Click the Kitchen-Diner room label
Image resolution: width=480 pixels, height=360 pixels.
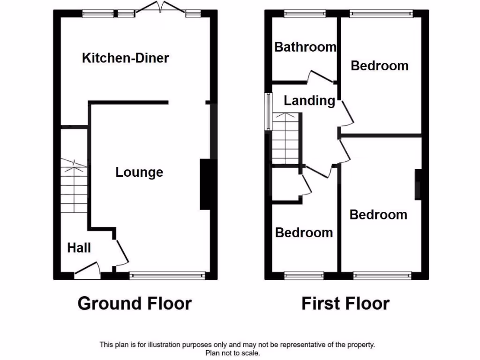[x=125, y=58]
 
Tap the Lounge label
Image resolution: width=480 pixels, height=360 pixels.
[x=139, y=172]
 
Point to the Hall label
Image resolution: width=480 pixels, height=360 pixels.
[x=79, y=247]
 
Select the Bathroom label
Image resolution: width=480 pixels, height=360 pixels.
[x=305, y=47]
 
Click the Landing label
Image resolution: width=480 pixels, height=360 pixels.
[x=309, y=100]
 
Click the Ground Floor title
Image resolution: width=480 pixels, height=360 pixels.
[x=135, y=303]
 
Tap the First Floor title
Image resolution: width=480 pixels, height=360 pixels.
[x=345, y=303]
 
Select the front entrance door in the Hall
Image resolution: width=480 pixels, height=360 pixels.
[x=88, y=270]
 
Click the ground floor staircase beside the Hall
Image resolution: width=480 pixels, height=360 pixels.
[x=74, y=187]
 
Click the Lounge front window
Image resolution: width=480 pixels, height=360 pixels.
[x=167, y=276]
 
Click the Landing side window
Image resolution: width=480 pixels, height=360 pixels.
[x=269, y=112]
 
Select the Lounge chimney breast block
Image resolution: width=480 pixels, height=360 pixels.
[x=205, y=184]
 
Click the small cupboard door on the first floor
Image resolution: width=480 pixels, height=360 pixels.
[x=307, y=183]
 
